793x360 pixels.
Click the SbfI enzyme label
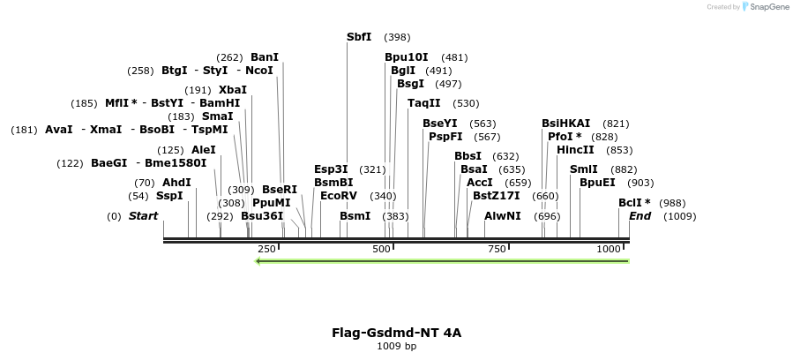(x=359, y=37)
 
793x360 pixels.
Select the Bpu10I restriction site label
(x=407, y=57)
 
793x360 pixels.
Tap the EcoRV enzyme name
(x=339, y=195)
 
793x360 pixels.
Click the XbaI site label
(x=233, y=90)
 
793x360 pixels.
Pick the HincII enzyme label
(x=575, y=150)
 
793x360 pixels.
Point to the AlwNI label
(x=503, y=216)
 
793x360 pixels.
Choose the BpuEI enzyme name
(x=597, y=183)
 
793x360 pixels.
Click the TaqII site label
(x=423, y=103)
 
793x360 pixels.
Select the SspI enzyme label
(x=169, y=196)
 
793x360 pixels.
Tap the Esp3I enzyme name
(x=332, y=169)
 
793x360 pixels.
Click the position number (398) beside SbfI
(x=397, y=37)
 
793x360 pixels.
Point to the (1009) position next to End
(x=679, y=216)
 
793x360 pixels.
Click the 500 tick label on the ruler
(x=381, y=250)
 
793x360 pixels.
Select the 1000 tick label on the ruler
(x=610, y=250)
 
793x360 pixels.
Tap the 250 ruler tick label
(x=266, y=250)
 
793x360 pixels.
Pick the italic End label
(x=640, y=216)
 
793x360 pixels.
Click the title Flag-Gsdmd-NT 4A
(x=396, y=333)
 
